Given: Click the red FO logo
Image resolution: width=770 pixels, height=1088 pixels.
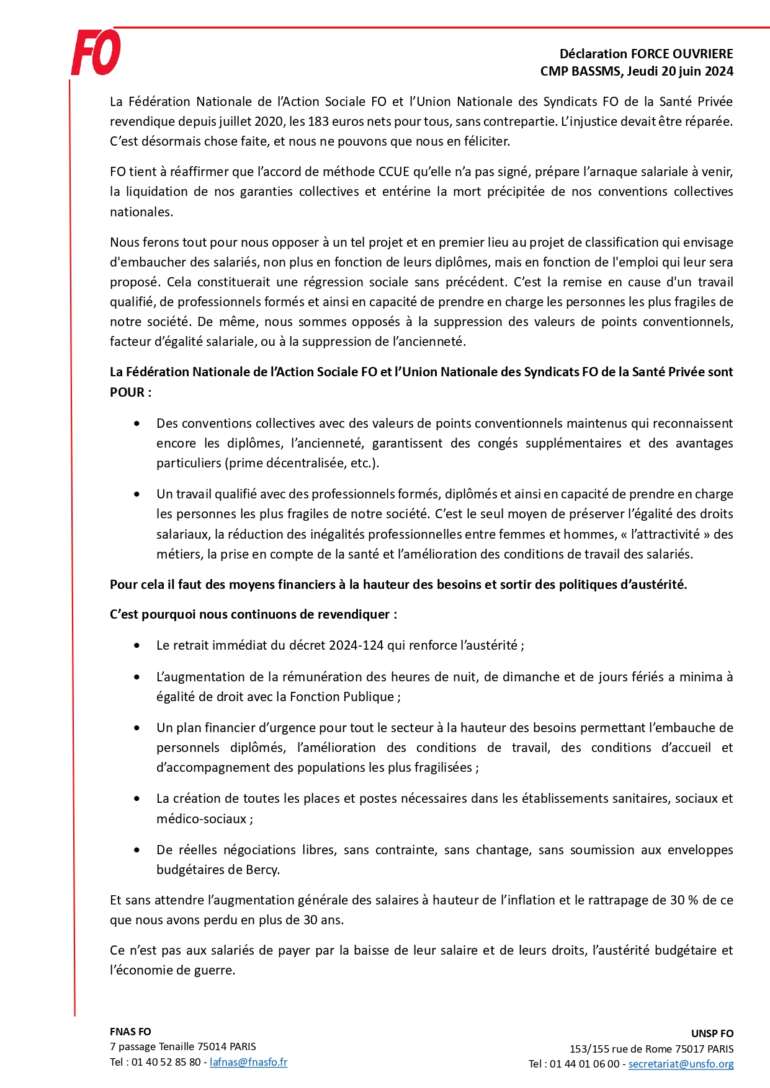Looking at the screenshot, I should [96, 53].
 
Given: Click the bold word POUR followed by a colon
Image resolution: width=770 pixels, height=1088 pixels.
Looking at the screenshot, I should [127, 392].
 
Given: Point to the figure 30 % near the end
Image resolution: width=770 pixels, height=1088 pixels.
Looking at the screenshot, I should [684, 900].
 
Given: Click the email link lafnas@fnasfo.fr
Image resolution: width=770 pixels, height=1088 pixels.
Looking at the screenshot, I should [248, 1062].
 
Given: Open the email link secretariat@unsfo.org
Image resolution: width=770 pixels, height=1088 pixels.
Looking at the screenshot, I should [681, 1064].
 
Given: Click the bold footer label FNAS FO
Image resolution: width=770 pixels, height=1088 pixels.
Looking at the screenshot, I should [130, 1032].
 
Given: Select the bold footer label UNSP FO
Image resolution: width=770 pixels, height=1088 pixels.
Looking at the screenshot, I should [712, 1033].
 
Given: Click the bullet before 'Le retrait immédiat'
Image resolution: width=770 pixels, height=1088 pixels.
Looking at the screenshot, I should [137, 645].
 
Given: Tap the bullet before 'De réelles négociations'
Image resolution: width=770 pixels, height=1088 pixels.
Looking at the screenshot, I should [137, 850].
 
